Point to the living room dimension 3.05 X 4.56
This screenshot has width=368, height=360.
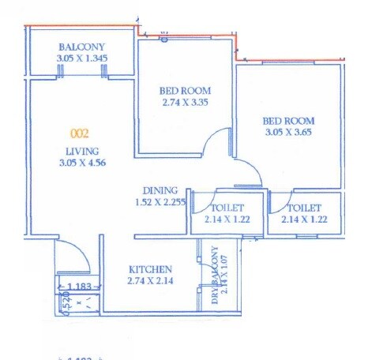coord(81,163)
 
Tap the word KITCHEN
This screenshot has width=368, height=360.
coord(148,268)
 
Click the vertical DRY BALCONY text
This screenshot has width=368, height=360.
coord(214,275)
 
